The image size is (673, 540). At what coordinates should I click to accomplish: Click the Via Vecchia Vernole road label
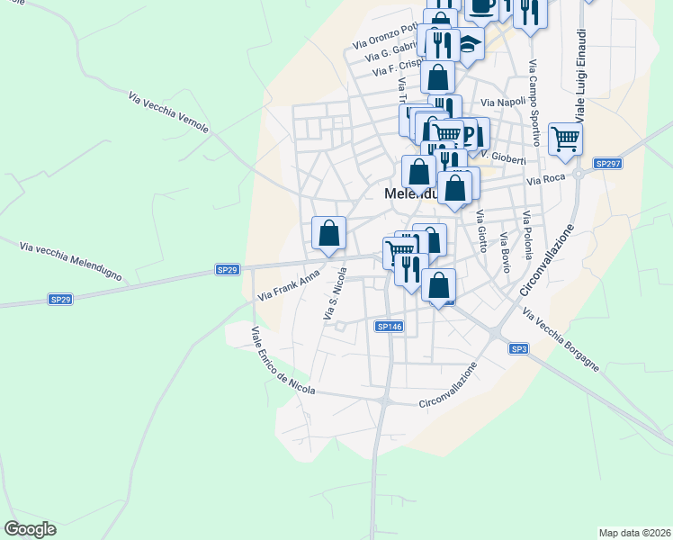click(169, 112)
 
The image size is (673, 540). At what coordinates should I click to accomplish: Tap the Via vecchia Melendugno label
click(70, 262)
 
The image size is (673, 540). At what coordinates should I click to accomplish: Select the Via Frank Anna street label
click(289, 285)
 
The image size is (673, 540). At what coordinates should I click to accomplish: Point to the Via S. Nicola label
click(334, 297)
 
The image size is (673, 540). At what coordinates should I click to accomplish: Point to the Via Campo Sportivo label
click(534, 103)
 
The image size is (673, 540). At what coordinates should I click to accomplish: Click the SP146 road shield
click(389, 327)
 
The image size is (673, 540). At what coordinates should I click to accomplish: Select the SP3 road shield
click(517, 348)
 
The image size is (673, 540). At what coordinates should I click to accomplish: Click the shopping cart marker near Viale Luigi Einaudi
click(566, 139)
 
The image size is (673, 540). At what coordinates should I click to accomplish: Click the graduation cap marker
click(469, 42)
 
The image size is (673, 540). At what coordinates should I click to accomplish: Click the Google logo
click(30, 529)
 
